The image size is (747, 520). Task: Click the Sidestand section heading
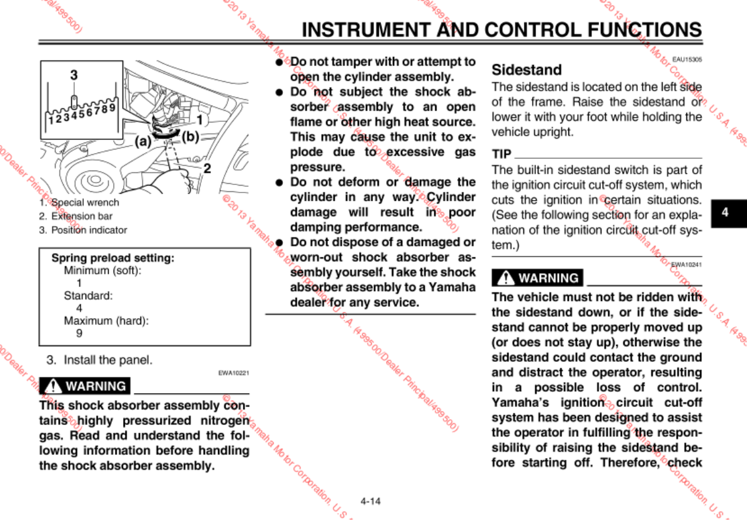coord(527,69)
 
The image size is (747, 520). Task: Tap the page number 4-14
coord(370,501)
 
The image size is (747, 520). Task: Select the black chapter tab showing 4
coord(725,212)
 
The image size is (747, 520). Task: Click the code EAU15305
coord(686,59)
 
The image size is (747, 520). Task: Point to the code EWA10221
coord(234,373)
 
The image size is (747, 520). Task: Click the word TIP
coord(502,154)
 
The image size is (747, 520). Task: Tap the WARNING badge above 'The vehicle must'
coord(538,277)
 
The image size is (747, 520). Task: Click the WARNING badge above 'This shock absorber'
coord(85,386)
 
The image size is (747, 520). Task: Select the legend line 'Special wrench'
coord(85,202)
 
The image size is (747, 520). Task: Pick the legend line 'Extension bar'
coord(82,216)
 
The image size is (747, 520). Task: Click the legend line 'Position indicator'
coord(89,230)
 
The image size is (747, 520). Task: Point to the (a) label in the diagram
coord(144,141)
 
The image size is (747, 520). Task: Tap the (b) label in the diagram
coord(190,137)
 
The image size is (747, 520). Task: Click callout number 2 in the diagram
coord(207,168)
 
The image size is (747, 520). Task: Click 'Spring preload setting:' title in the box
coord(112,258)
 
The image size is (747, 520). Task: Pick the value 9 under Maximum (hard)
coord(79,334)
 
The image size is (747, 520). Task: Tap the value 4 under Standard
coord(79,308)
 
